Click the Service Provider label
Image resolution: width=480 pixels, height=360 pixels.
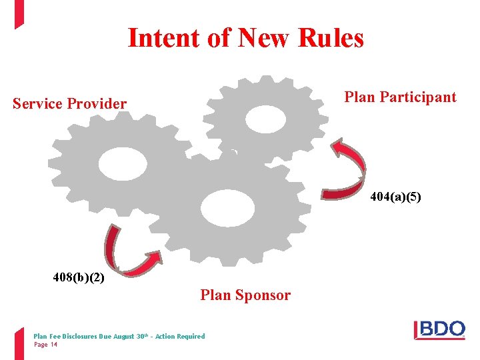point(69,104)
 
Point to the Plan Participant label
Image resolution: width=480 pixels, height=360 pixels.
point(400,97)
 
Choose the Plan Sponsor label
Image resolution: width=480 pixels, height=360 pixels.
point(245,295)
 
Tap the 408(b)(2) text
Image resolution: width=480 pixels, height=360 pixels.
point(79,276)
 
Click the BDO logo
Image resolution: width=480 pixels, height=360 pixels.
point(440,330)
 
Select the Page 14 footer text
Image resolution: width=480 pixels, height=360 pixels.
point(45,345)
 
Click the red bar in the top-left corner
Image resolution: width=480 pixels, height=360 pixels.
point(19,13)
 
